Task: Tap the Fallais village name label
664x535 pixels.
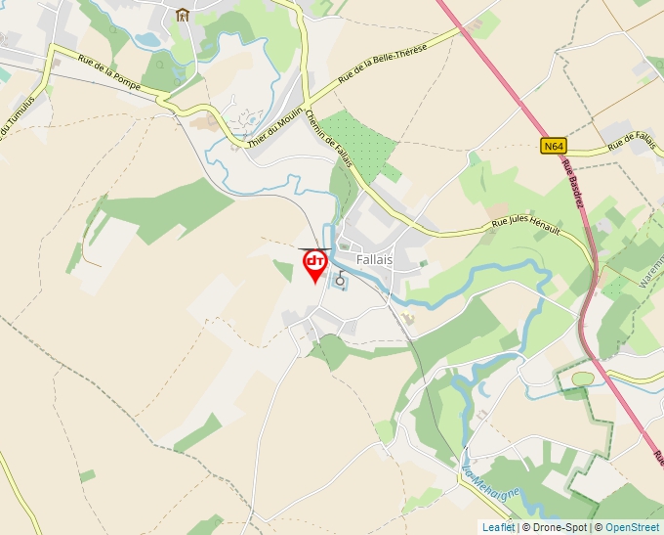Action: coord(374,260)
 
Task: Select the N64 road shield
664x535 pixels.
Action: coord(554,146)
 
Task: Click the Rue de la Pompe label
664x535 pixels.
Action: coord(114,82)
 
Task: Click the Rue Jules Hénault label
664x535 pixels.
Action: coord(525,226)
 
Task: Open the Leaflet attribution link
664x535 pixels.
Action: coord(498,527)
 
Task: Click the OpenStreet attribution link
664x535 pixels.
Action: coord(632,527)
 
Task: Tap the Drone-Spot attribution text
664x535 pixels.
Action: coord(557,527)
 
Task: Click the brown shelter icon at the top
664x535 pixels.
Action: coord(182,14)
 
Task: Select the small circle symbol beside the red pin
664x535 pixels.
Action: coord(340,281)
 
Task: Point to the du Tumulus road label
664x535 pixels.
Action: coord(17,115)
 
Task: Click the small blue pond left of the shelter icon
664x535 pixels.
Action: coord(147,40)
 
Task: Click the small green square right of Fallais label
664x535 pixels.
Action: coord(423,262)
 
